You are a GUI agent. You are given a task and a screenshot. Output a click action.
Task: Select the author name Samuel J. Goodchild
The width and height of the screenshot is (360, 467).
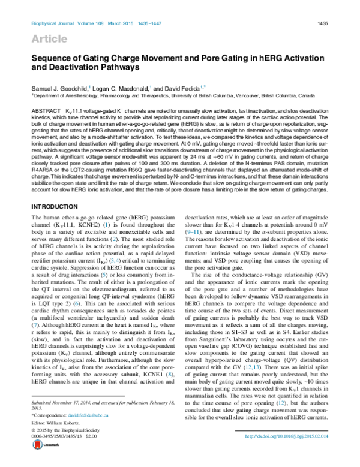click(x=60, y=88)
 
